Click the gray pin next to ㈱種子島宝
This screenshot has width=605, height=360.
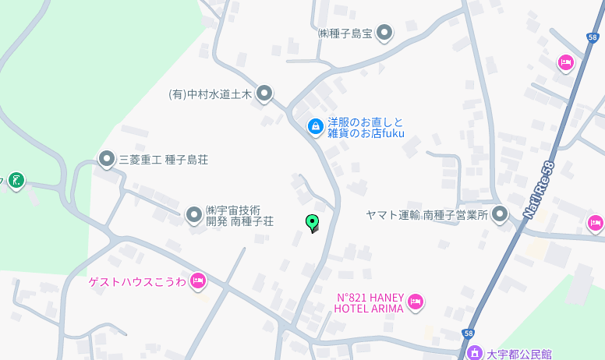384,33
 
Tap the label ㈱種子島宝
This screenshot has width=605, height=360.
346,34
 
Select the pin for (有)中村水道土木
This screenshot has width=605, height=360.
264,94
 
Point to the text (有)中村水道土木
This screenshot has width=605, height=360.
211,94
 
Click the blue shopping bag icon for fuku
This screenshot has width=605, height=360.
315,125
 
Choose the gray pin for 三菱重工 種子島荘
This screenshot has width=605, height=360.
107,159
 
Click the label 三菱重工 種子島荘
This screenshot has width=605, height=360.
163,160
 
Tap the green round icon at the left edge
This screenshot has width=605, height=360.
16,181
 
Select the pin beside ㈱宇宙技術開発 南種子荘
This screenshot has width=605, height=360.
194,214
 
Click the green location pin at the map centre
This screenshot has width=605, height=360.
312,223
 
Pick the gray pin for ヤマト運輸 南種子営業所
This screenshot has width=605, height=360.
500,214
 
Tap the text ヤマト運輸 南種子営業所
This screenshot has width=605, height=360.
427,215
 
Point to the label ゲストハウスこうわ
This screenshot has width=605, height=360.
137,281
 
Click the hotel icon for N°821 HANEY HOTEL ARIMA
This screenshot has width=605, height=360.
416,301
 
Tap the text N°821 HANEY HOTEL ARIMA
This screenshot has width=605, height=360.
369,302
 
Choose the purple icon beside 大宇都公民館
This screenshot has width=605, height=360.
474,353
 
